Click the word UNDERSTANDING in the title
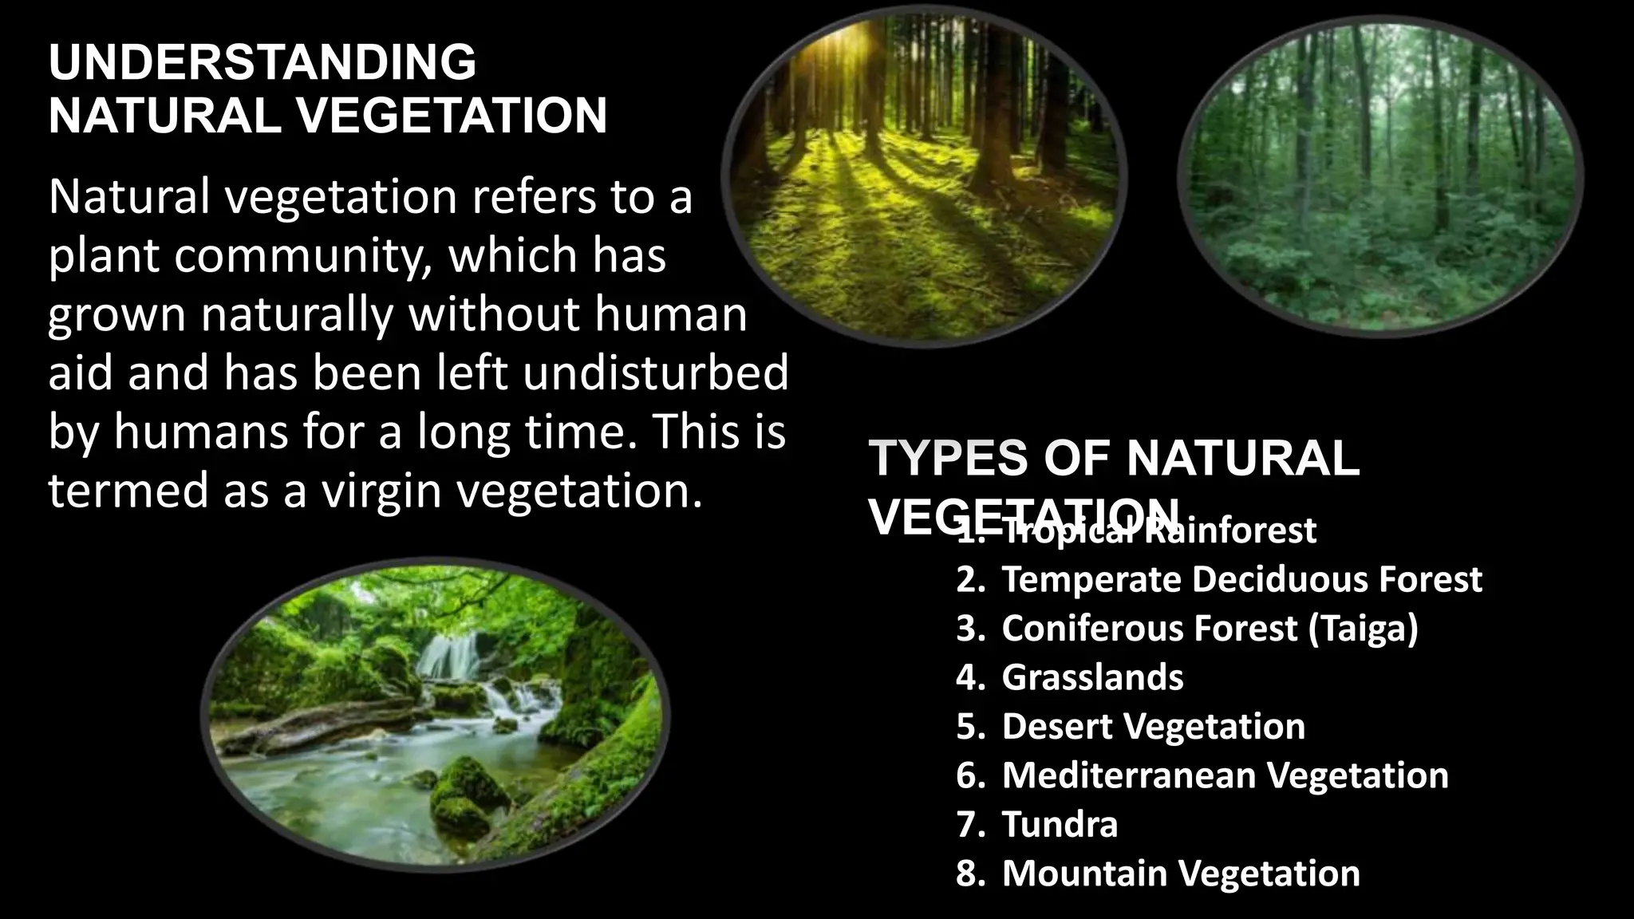click(262, 62)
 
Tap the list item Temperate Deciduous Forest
click(1241, 579)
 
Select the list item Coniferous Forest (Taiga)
click(1210, 629)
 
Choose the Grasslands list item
click(1092, 677)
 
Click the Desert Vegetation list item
click(1153, 727)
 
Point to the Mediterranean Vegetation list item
click(1225, 775)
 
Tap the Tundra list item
click(1060, 824)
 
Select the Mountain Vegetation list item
click(1181, 874)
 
